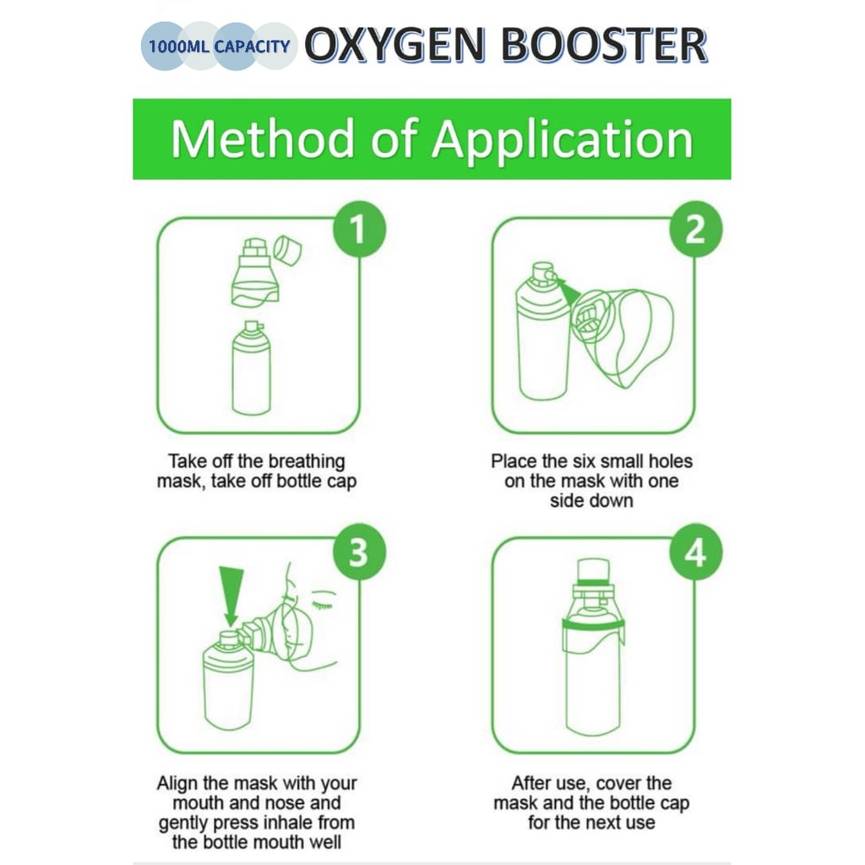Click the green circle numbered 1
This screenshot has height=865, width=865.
[x=359, y=229]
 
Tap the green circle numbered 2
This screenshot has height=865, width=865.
[x=696, y=229]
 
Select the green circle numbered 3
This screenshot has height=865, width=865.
[x=359, y=552]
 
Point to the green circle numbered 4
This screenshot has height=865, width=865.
[x=696, y=552]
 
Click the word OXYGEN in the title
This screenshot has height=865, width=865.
[x=395, y=46]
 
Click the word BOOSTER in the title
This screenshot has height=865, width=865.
[x=605, y=46]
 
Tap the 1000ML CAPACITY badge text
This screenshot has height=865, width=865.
[x=219, y=46]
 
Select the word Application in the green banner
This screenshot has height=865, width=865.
[x=562, y=140]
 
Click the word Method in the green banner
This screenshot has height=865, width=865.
[x=262, y=139]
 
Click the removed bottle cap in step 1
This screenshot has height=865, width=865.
[x=287, y=250]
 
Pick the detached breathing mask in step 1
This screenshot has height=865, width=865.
[x=254, y=272]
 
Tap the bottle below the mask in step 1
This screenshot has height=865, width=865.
[x=252, y=368]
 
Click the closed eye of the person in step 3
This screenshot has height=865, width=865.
[x=324, y=594]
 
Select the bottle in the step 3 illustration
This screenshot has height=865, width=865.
[x=229, y=682]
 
